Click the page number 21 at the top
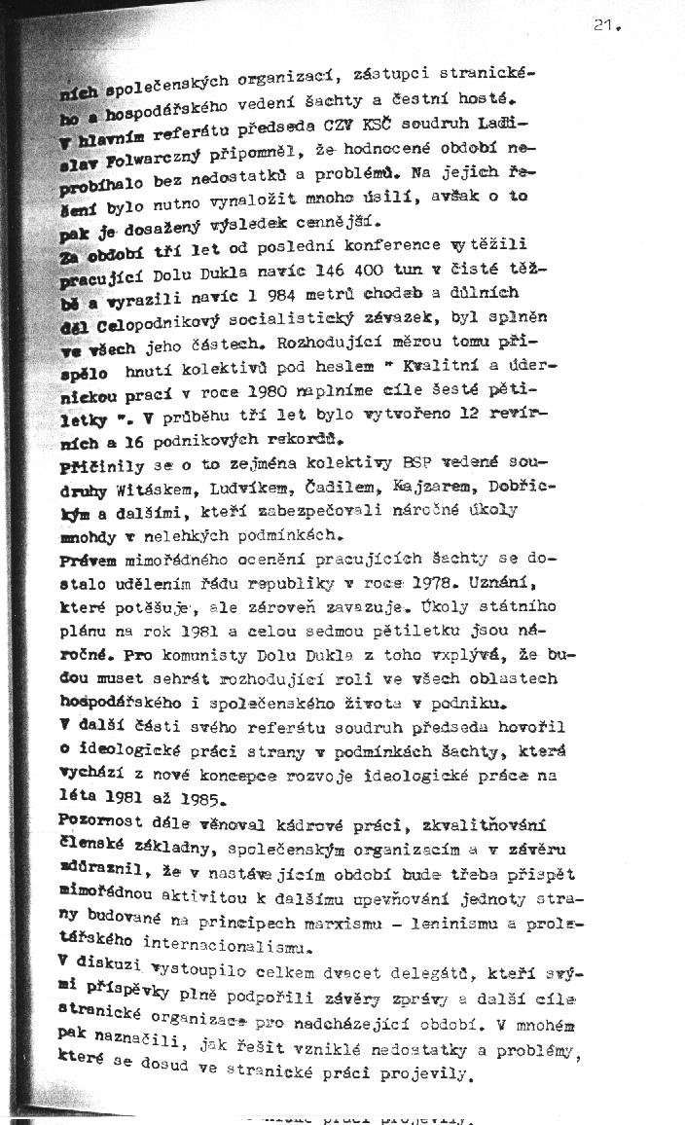pyautogui.click(x=605, y=27)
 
